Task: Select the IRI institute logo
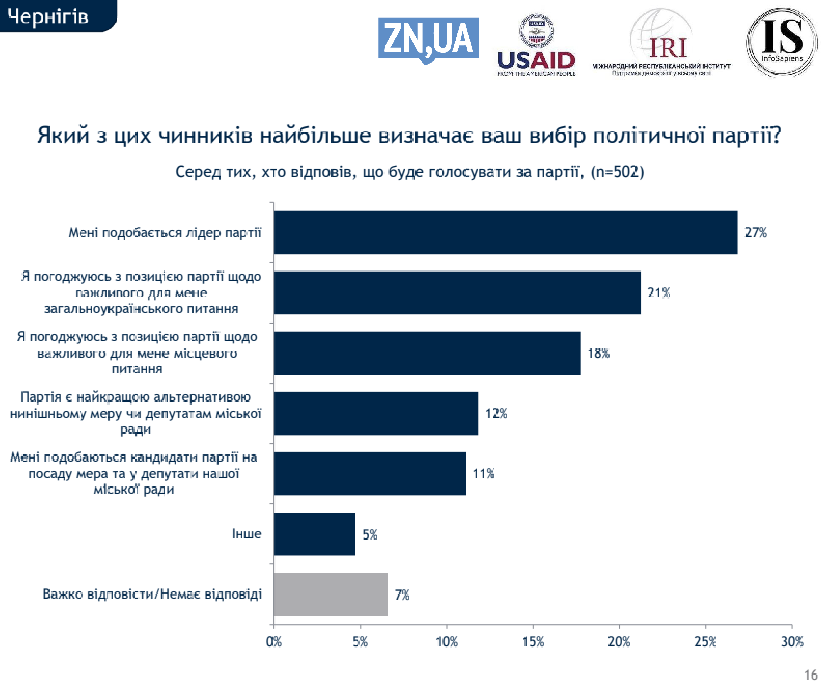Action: (661, 43)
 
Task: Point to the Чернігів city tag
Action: (48, 17)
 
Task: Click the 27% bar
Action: (505, 233)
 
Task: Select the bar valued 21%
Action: (457, 293)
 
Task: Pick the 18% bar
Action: (427, 353)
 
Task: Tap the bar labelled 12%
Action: (376, 413)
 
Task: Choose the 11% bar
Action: (370, 473)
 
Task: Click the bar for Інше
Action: (315, 534)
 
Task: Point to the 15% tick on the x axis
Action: (533, 642)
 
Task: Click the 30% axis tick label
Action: (792, 642)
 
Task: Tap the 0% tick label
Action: (274, 642)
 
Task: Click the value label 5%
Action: (370, 535)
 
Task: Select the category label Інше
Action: (246, 534)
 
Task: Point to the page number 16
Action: (810, 675)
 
